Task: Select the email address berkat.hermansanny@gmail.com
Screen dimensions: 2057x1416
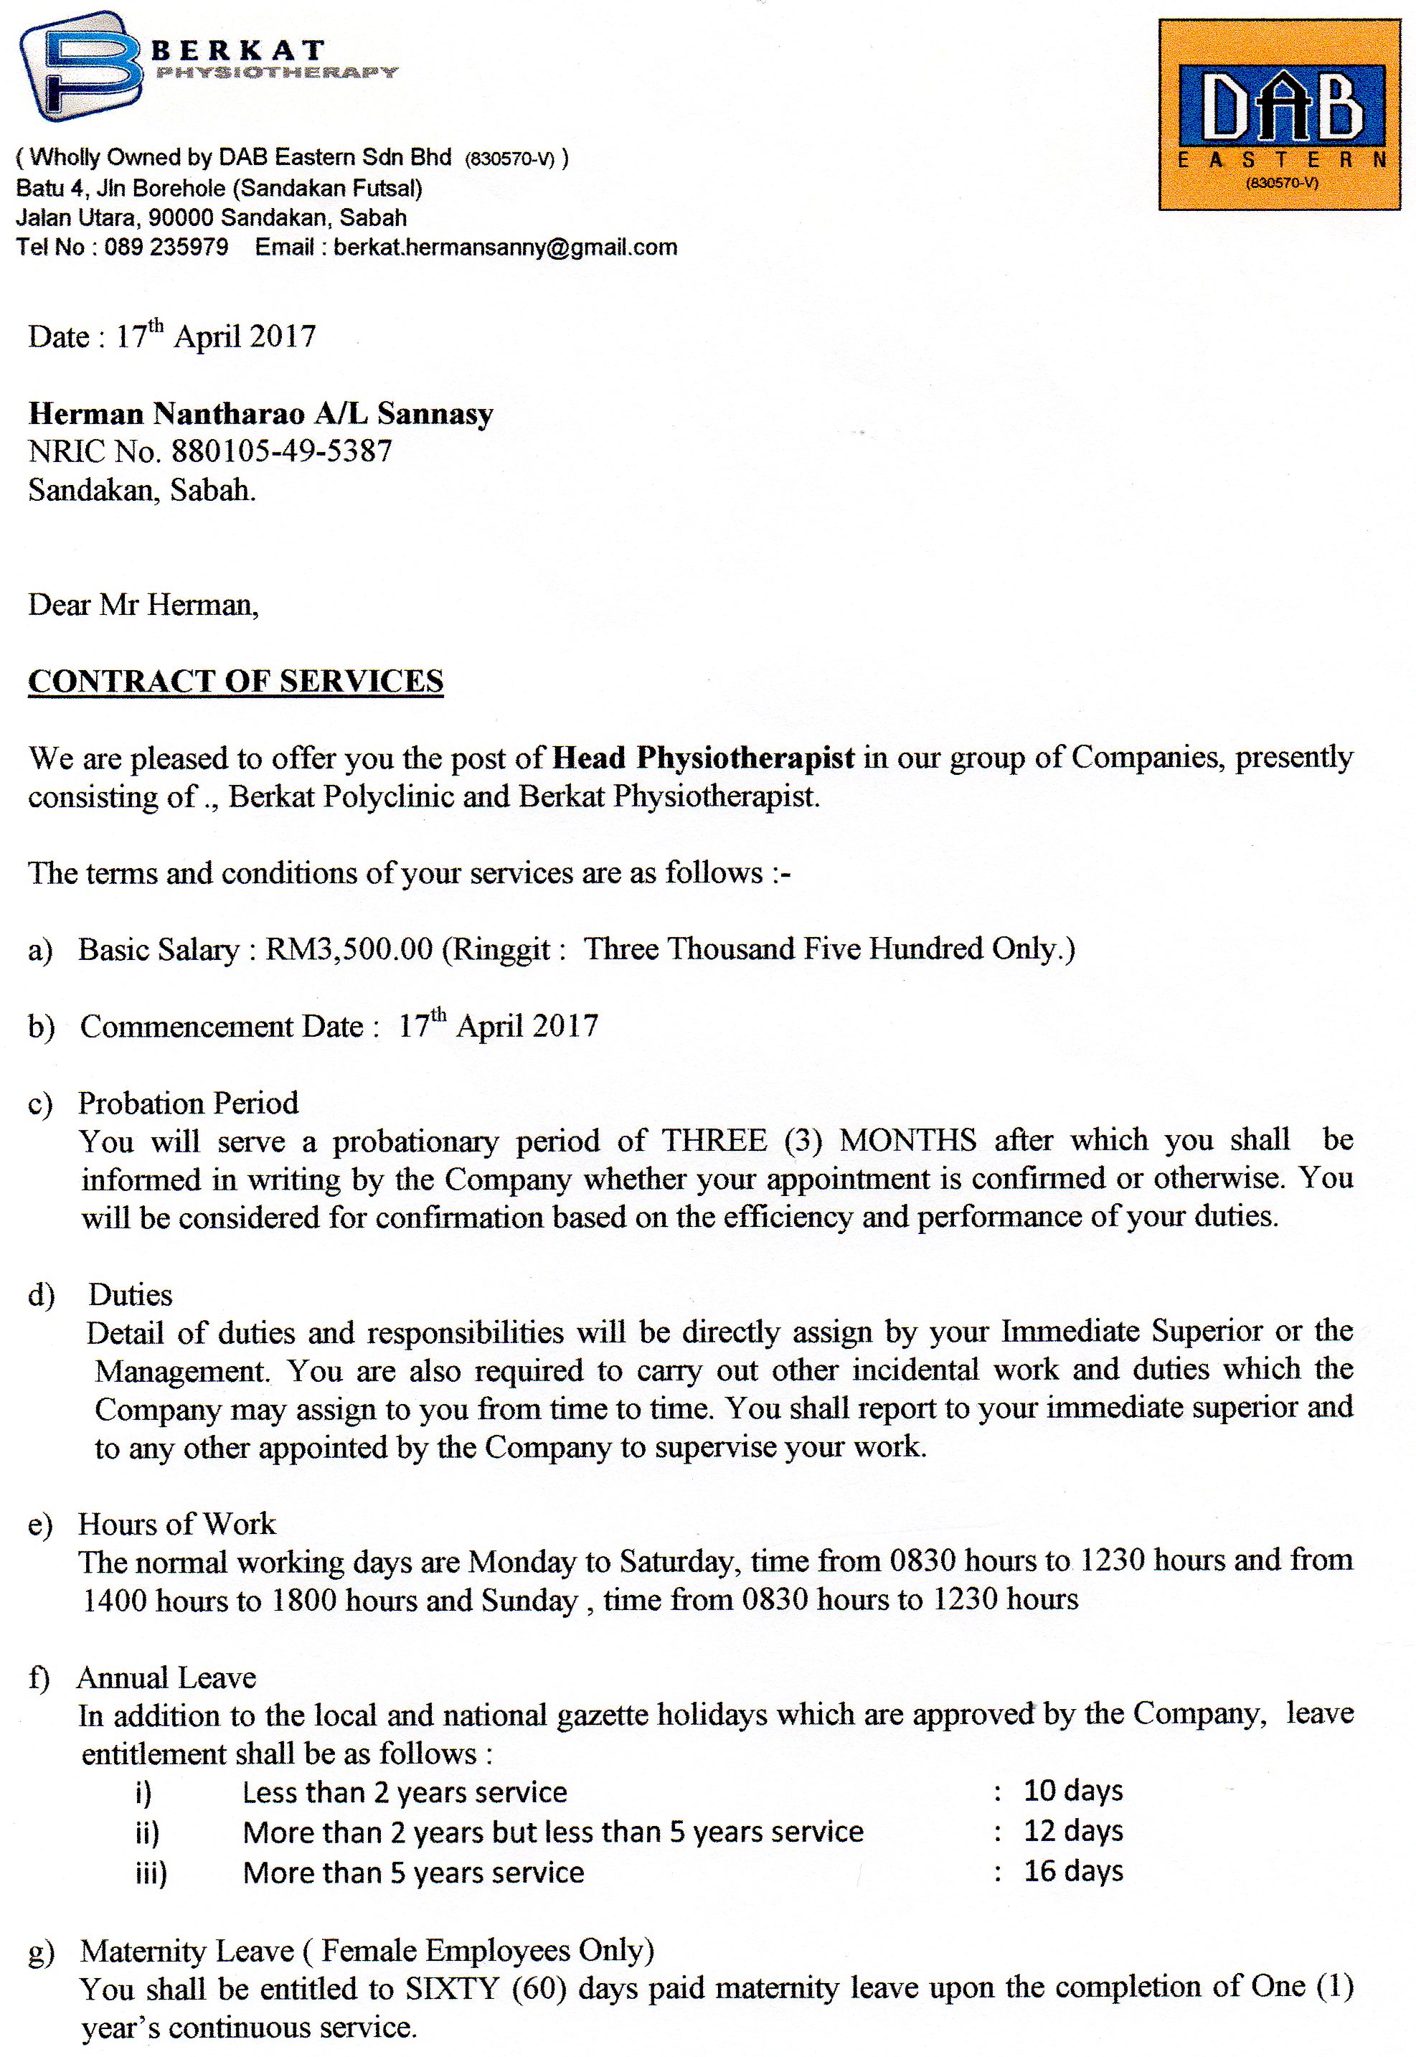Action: (505, 247)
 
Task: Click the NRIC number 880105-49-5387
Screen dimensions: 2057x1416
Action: (281, 452)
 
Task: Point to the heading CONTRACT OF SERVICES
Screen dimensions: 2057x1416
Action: (235, 681)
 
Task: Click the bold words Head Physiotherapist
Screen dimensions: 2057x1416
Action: (704, 757)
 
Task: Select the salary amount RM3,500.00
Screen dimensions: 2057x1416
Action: (349, 949)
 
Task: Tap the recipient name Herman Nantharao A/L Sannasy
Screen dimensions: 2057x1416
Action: (261, 413)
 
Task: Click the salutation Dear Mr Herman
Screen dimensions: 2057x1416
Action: (143, 606)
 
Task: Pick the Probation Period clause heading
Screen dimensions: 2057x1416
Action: (188, 1102)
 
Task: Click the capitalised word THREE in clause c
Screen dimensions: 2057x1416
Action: (714, 1140)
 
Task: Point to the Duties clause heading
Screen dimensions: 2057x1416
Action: (130, 1295)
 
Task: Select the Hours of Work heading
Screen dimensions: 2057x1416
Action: (176, 1524)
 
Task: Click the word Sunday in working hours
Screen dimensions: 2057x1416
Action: (529, 1600)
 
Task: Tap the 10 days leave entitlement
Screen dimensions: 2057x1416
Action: (1072, 1791)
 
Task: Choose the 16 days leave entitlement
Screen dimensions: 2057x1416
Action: (1072, 1871)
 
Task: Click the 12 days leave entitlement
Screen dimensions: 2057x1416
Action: (1072, 1831)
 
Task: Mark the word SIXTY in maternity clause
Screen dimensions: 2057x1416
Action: (453, 1990)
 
